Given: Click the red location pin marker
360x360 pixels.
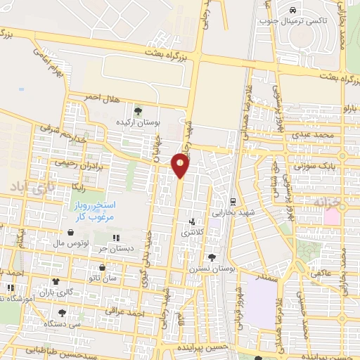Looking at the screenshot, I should pyautogui.click(x=181, y=165).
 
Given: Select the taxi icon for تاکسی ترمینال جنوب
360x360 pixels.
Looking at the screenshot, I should pyautogui.click(x=292, y=11).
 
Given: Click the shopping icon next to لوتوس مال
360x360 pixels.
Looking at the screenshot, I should pyautogui.click(x=70, y=232).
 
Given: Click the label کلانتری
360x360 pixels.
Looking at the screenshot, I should pyautogui.click(x=191, y=233).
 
